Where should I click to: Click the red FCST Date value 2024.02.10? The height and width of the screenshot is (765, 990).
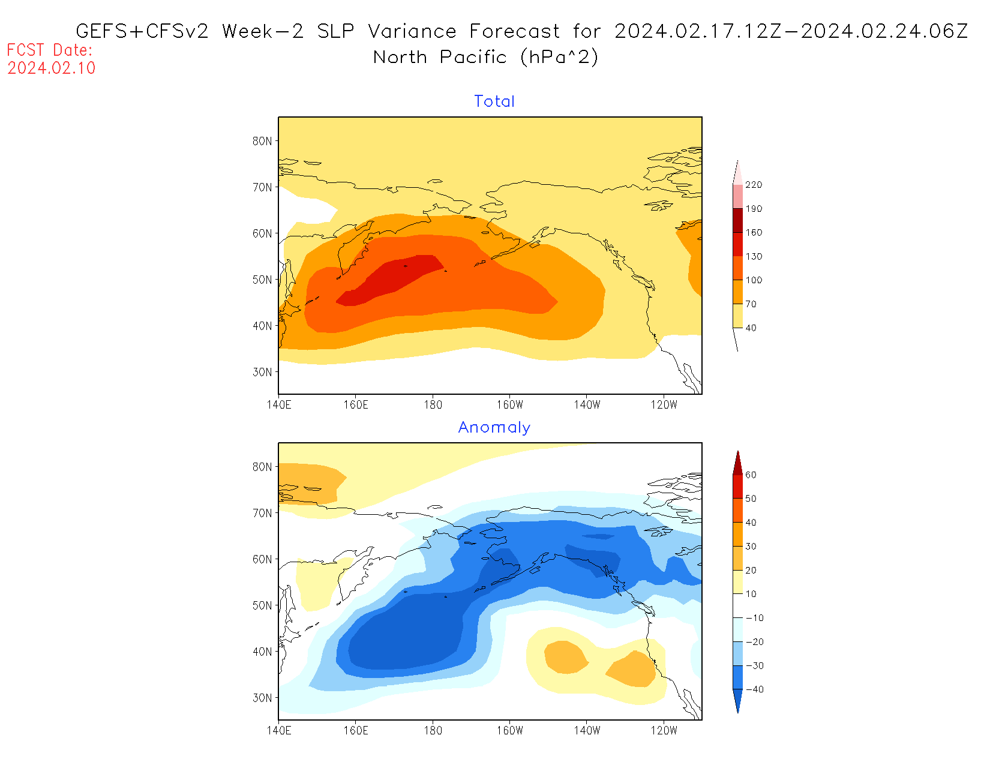point(52,68)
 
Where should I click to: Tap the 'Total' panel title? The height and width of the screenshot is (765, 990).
point(494,101)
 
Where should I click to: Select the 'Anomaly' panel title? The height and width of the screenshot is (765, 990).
point(494,427)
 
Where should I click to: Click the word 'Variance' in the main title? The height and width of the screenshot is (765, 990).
point(412,31)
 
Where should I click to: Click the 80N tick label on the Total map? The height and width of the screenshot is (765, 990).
point(262,141)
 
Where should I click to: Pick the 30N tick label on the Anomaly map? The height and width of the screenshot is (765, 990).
point(262,698)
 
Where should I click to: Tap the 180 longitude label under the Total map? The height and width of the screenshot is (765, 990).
point(433,405)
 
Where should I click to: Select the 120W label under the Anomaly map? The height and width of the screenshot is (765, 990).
point(664,731)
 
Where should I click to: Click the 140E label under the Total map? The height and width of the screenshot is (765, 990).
point(279,405)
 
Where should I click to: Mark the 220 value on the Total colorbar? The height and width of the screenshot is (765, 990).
point(754,185)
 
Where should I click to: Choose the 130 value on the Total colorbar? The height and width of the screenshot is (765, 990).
point(754,256)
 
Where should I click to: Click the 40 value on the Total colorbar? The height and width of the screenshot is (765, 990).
point(751,328)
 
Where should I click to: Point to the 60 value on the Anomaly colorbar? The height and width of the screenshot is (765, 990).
point(751,475)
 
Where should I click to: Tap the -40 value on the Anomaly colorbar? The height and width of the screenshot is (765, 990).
point(754,689)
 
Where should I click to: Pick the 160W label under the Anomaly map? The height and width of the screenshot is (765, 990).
point(510,731)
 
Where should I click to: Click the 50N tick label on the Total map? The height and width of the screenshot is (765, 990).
point(262,280)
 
